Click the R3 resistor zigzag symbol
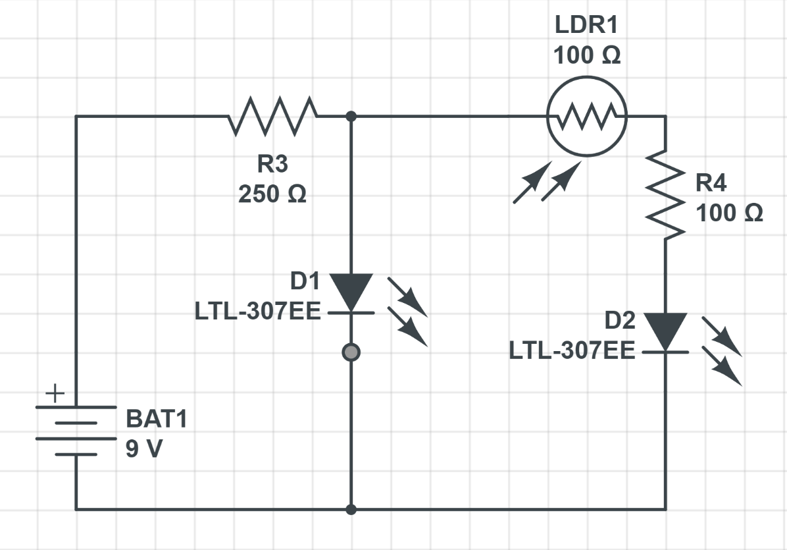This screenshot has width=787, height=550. [x=272, y=117]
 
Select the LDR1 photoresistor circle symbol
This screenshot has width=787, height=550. [x=586, y=117]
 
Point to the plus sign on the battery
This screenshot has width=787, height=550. [x=55, y=394]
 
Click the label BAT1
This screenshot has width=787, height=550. [x=157, y=420]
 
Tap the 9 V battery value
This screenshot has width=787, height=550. [x=145, y=449]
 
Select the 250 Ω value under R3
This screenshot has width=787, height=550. [x=272, y=195]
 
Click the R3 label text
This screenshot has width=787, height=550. [x=272, y=165]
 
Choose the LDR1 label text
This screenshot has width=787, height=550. [x=586, y=26]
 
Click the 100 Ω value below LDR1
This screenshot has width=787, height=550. [x=586, y=56]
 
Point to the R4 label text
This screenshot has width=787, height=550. [x=711, y=183]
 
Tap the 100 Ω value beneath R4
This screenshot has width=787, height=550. [x=729, y=213]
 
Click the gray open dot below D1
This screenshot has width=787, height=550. [x=351, y=352]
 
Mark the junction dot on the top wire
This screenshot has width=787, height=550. [x=351, y=117]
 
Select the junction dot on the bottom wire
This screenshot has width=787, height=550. [x=351, y=509]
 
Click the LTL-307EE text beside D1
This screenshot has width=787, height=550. [x=257, y=312]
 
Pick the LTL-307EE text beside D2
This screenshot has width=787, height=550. [x=572, y=351]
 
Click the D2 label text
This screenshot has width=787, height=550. [x=620, y=321]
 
